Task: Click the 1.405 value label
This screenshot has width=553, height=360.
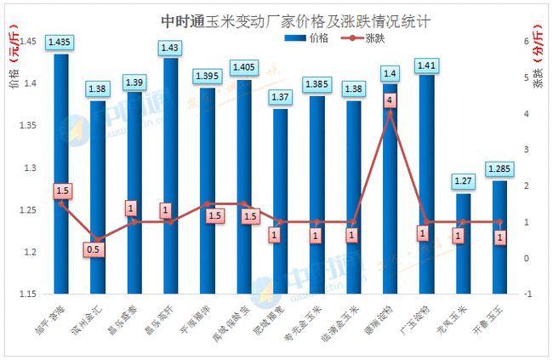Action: click(243, 66)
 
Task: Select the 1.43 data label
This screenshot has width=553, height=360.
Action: click(170, 46)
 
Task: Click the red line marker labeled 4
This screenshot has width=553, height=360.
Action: click(390, 100)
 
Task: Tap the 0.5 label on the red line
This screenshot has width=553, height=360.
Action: click(97, 250)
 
